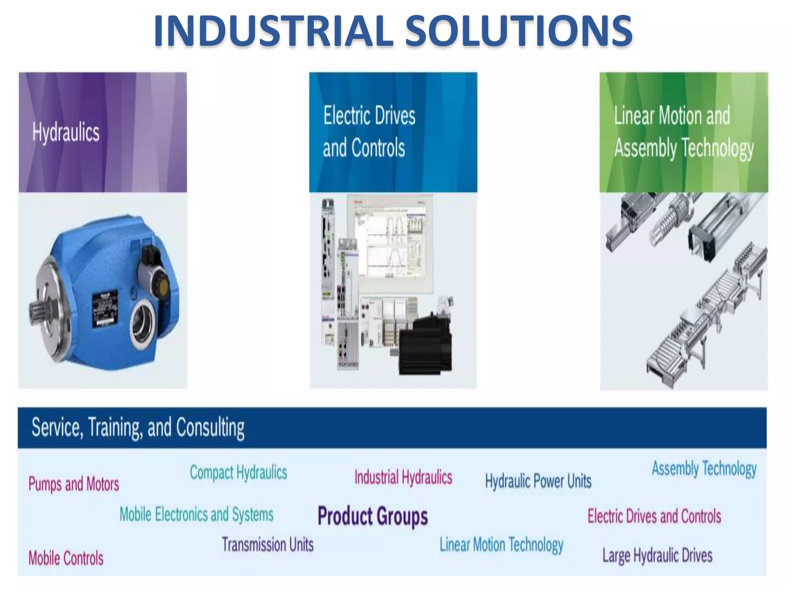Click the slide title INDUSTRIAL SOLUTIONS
(393, 31)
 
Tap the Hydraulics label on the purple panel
(66, 132)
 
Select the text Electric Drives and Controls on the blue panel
(368, 132)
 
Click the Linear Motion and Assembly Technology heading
(683, 132)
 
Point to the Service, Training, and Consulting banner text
(138, 428)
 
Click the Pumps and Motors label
(74, 484)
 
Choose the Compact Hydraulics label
(238, 472)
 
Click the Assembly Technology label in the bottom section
(704, 469)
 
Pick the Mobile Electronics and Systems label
(196, 514)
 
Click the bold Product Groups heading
(373, 516)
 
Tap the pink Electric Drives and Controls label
(654, 516)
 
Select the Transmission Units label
(268, 545)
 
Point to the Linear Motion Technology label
(501, 545)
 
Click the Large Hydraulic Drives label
(657, 556)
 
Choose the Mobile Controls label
(66, 558)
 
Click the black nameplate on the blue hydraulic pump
(104, 309)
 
